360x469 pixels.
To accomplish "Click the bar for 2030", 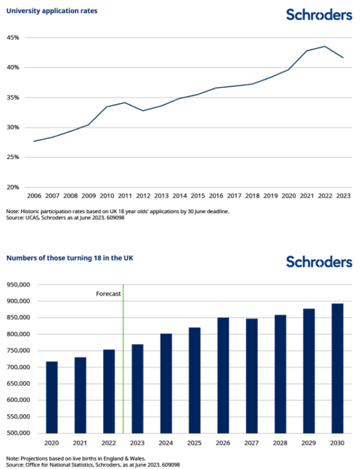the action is pyautogui.click(x=337, y=368).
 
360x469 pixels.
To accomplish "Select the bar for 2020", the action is pyautogui.click(x=52, y=397).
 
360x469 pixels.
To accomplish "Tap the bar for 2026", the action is pyautogui.click(x=223, y=375).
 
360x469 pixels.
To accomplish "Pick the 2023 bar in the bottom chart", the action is pyautogui.click(x=137, y=389).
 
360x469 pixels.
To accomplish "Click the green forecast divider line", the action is pyautogui.click(x=123, y=359).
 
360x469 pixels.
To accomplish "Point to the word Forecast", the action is pyautogui.click(x=109, y=294).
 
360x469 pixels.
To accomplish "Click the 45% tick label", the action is pyautogui.click(x=13, y=38).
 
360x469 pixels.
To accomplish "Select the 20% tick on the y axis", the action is pyautogui.click(x=13, y=187).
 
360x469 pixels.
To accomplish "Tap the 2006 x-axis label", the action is pyautogui.click(x=34, y=196).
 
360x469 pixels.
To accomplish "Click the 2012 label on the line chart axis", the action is pyautogui.click(x=143, y=196).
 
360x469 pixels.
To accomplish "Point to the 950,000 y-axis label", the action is pyautogui.click(x=18, y=285).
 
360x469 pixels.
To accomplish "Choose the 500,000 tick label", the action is pyautogui.click(x=18, y=433).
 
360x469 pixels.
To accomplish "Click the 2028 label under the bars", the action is pyautogui.click(x=280, y=443).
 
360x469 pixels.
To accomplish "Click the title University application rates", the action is pyautogui.click(x=52, y=11).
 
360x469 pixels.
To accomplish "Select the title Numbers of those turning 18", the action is pyautogui.click(x=70, y=258).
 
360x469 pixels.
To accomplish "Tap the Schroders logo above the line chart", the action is pyautogui.click(x=319, y=14).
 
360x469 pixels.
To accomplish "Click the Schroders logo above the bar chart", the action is pyautogui.click(x=319, y=262).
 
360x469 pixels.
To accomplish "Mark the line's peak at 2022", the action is pyautogui.click(x=325, y=46).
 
